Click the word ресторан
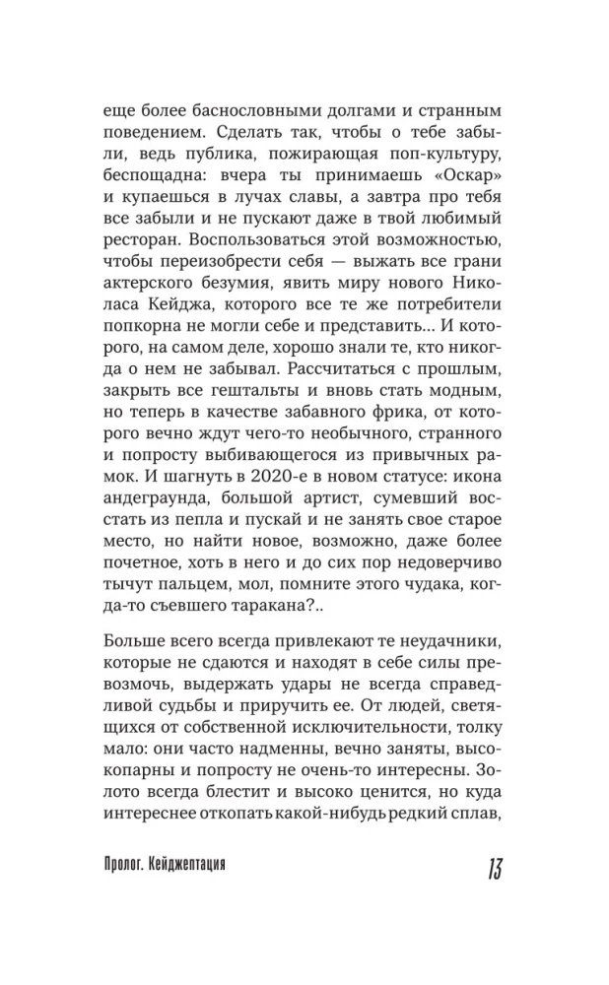[142, 241]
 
